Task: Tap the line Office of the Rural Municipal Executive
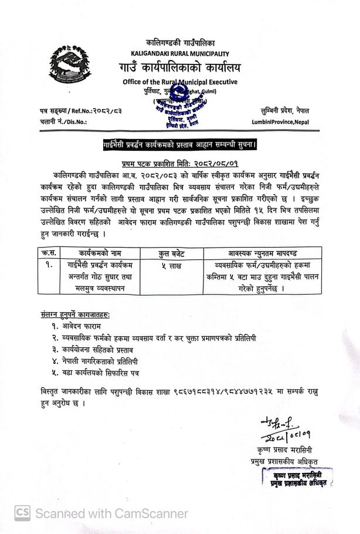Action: [180, 82]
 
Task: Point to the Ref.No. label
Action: [63, 111]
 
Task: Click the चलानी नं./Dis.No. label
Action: [55, 122]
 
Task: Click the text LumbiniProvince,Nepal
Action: [280, 122]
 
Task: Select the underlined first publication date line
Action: [180, 164]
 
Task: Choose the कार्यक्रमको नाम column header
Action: [100, 254]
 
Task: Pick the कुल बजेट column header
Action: [172, 254]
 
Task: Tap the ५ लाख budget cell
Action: [172, 266]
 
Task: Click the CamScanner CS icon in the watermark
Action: [22, 513]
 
